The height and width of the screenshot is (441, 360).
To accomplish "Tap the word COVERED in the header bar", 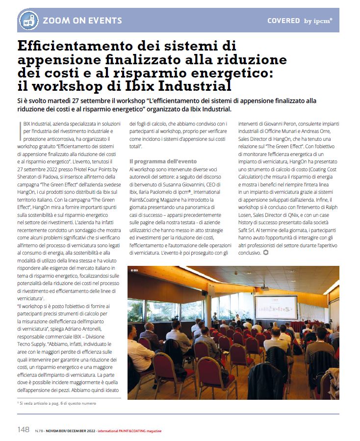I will [283, 21].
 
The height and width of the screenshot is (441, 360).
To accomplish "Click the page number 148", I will [24, 430].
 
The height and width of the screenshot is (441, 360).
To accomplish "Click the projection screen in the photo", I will [276, 307].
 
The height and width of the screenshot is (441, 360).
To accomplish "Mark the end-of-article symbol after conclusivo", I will [266, 253].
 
